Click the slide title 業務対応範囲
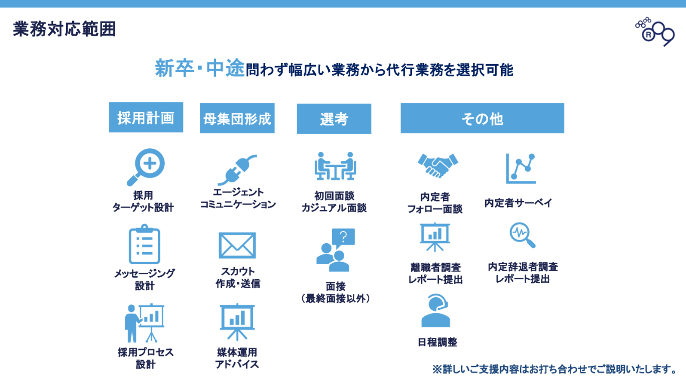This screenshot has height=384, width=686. tap(64, 29)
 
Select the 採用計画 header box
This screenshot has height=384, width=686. tap(146, 118)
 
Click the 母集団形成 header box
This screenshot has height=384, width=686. tap(237, 119)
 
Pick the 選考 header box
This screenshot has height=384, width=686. tap(334, 119)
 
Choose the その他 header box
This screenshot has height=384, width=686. tap(482, 119)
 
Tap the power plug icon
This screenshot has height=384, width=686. tap(238, 169)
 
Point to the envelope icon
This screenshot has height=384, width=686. tap(237, 246)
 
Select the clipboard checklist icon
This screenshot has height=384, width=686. tap(144, 246)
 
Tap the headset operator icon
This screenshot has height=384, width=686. tap(435, 311)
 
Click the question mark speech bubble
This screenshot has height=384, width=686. tap(343, 237)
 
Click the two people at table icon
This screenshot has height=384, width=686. tap(335, 166)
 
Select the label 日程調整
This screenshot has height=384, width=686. tap(437, 342)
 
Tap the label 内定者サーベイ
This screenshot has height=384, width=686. tap(518, 203)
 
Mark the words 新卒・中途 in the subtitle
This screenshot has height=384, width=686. tap(199, 69)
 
